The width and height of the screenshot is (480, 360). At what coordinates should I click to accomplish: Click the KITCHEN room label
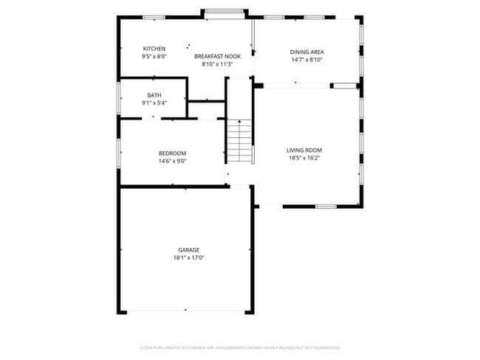pos(154,49)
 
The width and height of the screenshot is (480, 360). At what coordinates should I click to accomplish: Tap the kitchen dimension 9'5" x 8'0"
pos(154,56)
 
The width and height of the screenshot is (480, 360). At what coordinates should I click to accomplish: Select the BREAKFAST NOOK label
pos(217,56)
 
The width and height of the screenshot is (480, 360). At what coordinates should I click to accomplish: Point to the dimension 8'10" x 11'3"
pos(217,64)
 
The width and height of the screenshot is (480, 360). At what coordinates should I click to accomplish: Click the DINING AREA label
pos(306,52)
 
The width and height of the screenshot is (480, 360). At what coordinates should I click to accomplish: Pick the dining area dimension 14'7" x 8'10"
pos(306,60)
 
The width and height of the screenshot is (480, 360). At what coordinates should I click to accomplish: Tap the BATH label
pos(154,95)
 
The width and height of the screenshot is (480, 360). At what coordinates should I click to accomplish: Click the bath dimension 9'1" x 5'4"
pos(154,103)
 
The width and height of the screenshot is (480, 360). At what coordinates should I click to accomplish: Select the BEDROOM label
pos(172,153)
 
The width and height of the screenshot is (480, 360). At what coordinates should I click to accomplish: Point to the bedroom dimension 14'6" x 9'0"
pos(172,161)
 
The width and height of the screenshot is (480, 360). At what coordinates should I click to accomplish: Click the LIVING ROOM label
pos(304,150)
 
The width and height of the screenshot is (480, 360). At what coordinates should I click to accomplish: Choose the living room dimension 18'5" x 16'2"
pos(304,158)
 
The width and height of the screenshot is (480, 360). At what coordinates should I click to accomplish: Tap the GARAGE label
pos(188,250)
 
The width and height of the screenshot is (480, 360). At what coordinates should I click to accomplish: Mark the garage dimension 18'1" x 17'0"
pos(188,258)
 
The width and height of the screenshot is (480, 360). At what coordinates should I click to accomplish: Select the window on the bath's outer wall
pos(119,96)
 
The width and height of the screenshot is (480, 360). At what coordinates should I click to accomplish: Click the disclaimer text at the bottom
pos(240,347)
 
